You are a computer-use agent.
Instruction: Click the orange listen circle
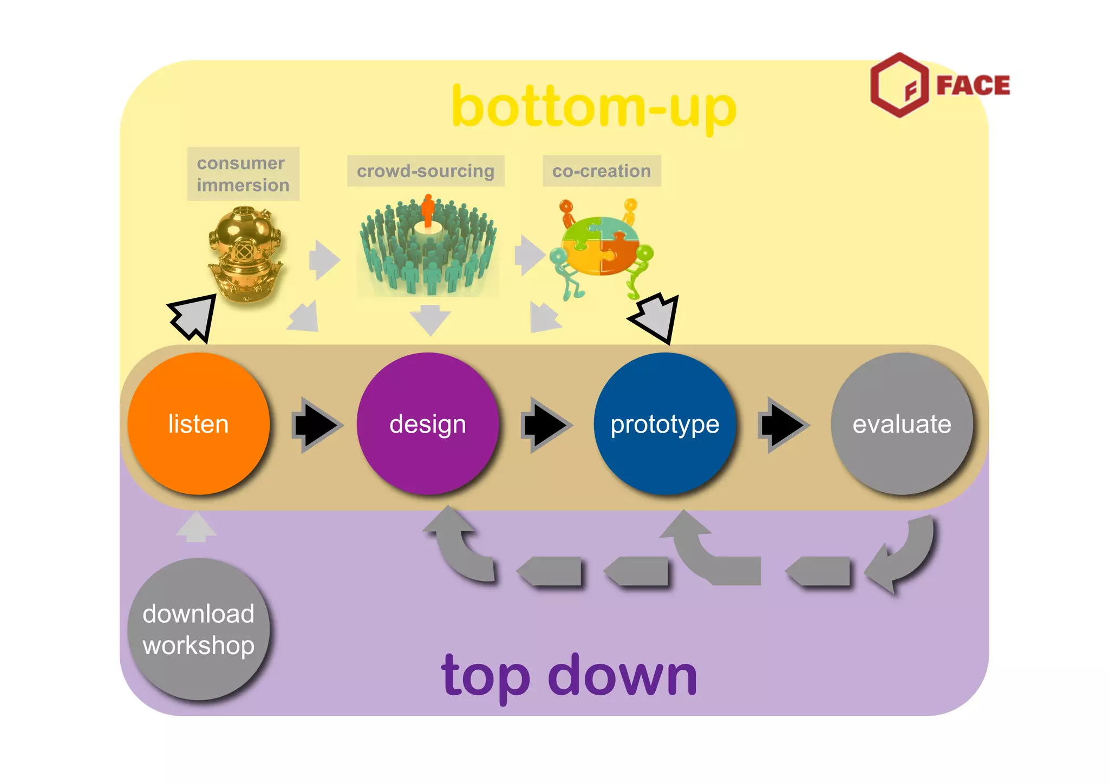199,423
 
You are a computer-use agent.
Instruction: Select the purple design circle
428,423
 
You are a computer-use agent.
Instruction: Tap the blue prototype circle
665,423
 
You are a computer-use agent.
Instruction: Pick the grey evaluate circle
902,423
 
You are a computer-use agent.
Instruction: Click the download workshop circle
199,629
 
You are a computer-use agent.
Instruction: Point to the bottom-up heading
594,107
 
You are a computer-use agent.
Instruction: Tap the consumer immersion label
243,174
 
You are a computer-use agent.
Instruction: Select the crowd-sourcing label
426,171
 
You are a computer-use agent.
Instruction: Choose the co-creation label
602,171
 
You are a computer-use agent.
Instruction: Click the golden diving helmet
245,253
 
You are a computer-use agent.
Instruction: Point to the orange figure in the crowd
428,210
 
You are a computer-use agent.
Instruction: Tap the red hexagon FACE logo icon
899,85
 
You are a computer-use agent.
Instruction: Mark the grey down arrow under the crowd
430,320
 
